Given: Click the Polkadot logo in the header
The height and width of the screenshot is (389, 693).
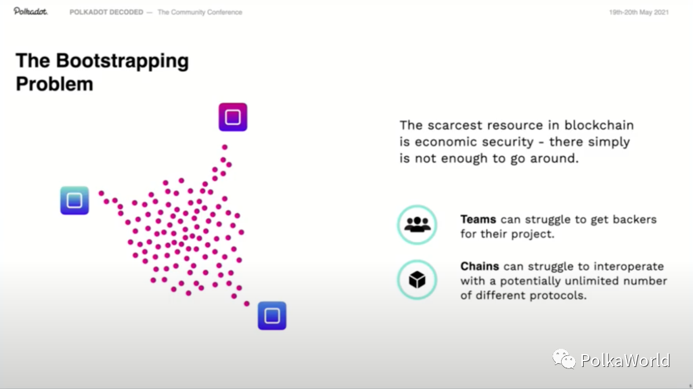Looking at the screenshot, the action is (30, 12).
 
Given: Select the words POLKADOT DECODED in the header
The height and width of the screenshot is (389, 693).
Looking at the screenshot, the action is (106, 12).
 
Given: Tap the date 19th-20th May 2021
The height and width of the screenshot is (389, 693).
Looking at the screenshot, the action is (639, 12).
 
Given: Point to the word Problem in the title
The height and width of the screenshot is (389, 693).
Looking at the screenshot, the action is (54, 83).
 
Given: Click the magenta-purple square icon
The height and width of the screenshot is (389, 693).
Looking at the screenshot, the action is (233, 117).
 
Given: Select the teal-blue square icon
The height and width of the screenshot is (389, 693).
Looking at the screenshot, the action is (74, 200).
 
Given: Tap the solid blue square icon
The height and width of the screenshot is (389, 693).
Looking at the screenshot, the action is (272, 316).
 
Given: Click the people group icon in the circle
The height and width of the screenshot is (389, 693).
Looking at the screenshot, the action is (417, 225).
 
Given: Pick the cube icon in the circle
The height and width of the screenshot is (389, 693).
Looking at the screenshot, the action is (417, 280).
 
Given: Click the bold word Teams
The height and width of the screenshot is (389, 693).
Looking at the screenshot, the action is (478, 219).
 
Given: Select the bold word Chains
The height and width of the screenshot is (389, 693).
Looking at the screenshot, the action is (479, 266).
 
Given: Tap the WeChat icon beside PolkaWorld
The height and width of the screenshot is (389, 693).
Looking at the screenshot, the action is (564, 359).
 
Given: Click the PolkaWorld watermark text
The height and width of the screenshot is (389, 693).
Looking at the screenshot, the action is (625, 361).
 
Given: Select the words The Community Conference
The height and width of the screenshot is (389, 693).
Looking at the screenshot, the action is (200, 12).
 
